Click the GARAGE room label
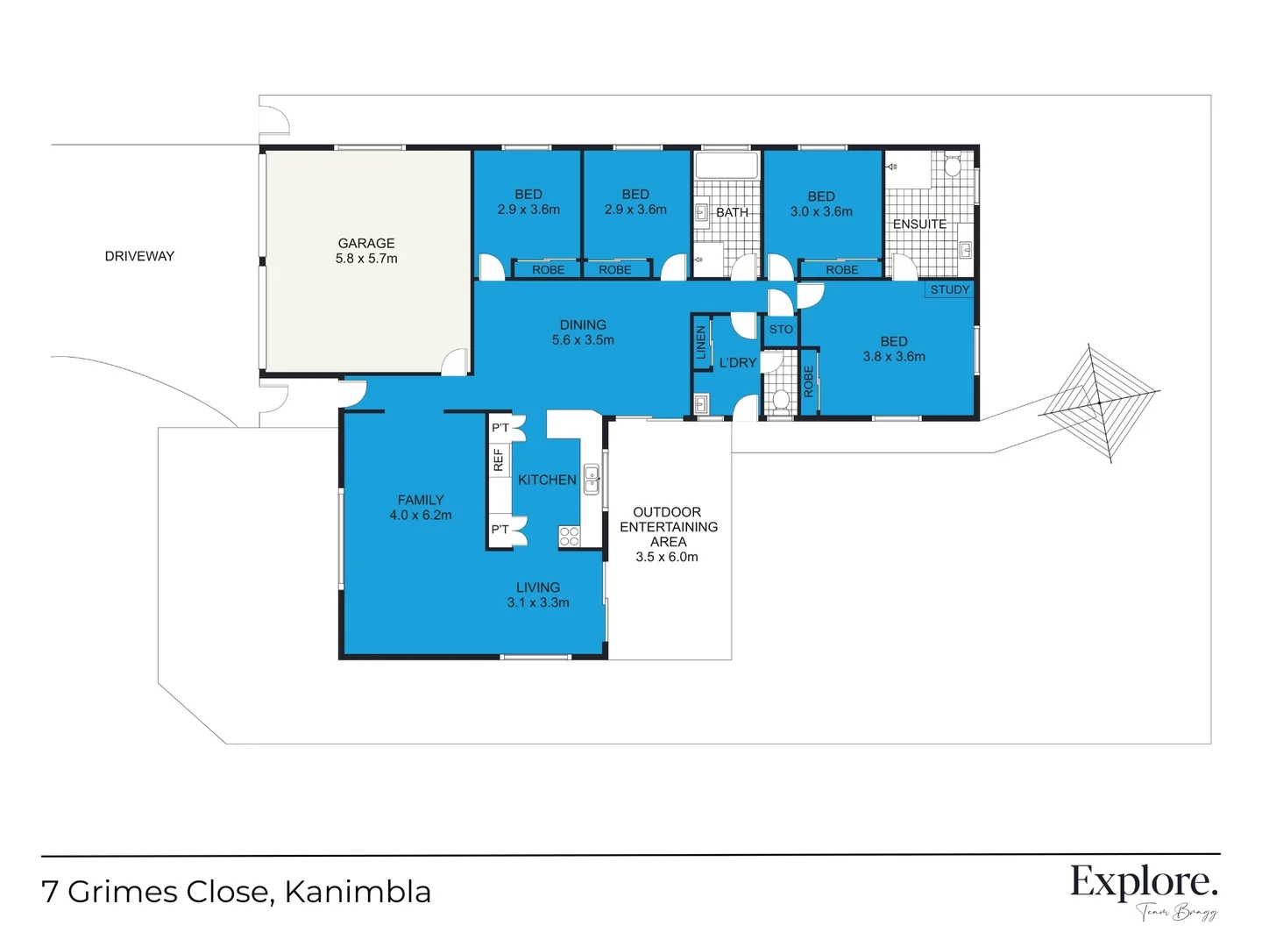tap(366, 243)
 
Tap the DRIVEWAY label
tap(139, 256)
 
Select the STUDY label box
tap(949, 289)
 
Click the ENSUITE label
tap(919, 224)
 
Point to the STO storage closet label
tap(781, 330)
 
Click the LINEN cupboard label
tap(701, 343)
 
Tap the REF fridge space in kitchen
tap(499, 459)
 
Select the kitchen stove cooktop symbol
tap(569, 536)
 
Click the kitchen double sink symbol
tap(592, 480)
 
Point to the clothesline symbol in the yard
tap(1099, 402)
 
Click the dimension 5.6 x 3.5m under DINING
tap(583, 340)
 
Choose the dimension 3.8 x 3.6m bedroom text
tap(894, 357)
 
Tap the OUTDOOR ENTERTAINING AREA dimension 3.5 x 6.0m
tap(667, 557)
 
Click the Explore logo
tap(1144, 882)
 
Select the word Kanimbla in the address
tap(358, 892)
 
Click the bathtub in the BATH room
tap(726, 166)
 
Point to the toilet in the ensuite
tap(953, 165)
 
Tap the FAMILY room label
tap(421, 500)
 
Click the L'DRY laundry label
tap(737, 363)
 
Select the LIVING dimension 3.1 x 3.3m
tap(538, 603)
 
